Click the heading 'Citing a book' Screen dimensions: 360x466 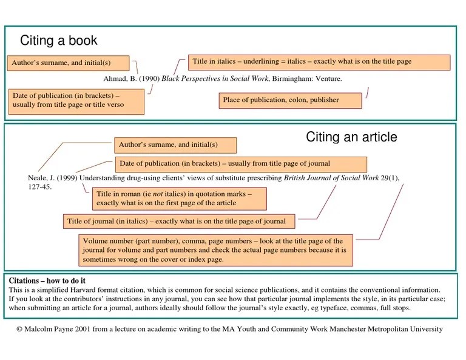pos(58,41)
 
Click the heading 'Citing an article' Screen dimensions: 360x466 pos(351,137)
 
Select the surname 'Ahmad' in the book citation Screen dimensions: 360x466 pos(113,79)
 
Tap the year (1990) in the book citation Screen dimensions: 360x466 pos(149,79)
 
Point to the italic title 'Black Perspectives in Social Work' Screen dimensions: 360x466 pos(215,79)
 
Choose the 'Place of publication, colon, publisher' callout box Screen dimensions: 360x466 pos(290,100)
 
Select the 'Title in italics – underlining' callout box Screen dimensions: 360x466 pos(319,62)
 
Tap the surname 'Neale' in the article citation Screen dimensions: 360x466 pos(37,178)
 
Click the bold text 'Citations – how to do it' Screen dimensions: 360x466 pos(47,281)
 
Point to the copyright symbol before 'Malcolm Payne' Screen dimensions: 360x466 pos(20,330)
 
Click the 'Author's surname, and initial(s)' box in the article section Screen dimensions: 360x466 pos(175,145)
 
